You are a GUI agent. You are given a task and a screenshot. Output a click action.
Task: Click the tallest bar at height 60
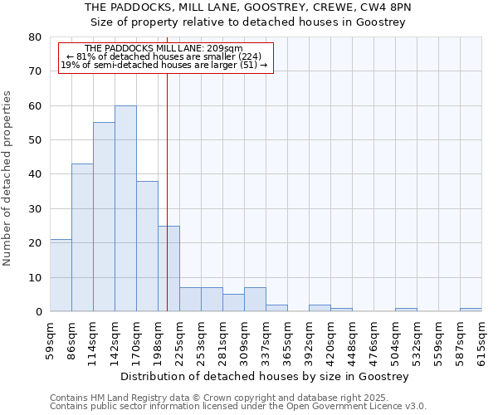point(125,208)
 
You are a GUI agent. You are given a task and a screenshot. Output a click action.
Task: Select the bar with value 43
point(82,237)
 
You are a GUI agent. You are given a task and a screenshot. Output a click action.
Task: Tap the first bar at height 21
point(61,276)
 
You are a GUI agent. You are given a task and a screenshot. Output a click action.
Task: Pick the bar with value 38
point(147,247)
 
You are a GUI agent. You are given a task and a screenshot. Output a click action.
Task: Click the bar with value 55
point(104,217)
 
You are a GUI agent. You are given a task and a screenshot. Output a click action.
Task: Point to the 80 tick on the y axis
point(34,37)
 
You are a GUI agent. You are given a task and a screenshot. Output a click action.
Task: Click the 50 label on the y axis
point(34,140)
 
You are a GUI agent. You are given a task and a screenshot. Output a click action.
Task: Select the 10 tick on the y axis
point(34,277)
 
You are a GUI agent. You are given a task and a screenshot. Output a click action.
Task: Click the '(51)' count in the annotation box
point(249,65)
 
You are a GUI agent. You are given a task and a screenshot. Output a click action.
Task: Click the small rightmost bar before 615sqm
point(471,310)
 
